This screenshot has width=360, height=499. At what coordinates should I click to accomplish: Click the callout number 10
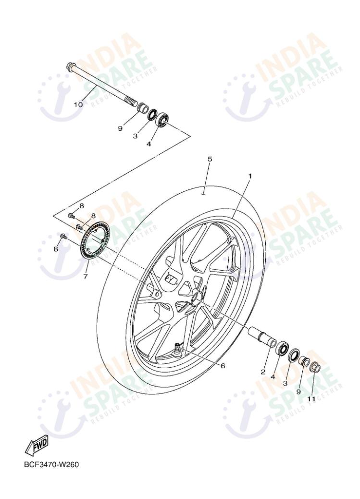coord(78,104)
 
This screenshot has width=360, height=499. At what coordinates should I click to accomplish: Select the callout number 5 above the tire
coord(210,159)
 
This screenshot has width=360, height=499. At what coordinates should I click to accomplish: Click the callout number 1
coord(250,176)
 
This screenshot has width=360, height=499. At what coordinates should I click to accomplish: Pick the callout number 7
coord(85,276)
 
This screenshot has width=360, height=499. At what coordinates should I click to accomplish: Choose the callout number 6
coord(223,366)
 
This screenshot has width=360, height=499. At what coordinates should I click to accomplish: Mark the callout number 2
coord(263,372)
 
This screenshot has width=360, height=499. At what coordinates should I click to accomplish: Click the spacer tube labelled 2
coord(260,335)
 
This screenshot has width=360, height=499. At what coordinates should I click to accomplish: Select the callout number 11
coord(311,399)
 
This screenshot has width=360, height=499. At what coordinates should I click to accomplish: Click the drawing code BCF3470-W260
coord(51,465)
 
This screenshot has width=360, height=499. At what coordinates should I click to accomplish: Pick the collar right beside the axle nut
coord(304,362)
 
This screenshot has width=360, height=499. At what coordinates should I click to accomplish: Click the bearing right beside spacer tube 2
coord(281,348)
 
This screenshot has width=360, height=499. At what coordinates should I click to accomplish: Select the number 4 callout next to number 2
coord(273,377)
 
